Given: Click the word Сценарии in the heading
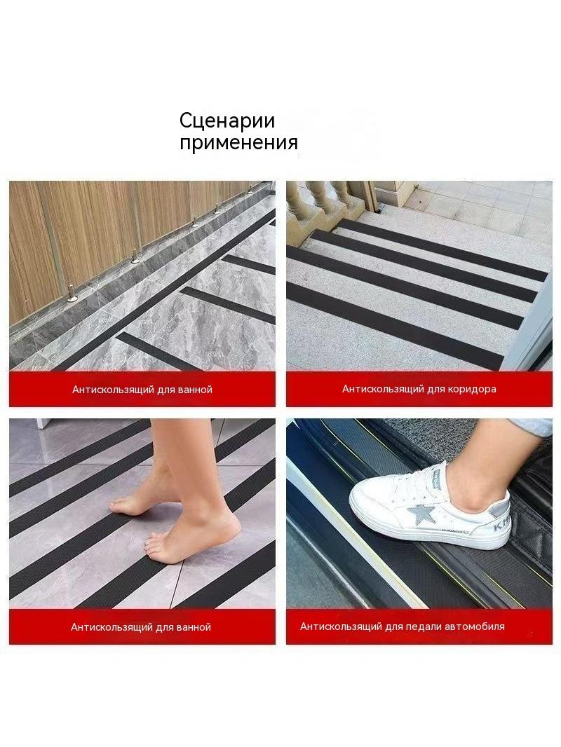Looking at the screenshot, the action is [x=227, y=121].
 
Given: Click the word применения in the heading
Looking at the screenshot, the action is [x=239, y=143].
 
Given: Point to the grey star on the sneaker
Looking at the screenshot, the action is [x=420, y=514].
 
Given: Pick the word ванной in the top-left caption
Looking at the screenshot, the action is [x=194, y=390].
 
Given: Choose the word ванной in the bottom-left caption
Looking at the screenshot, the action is [x=194, y=627].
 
